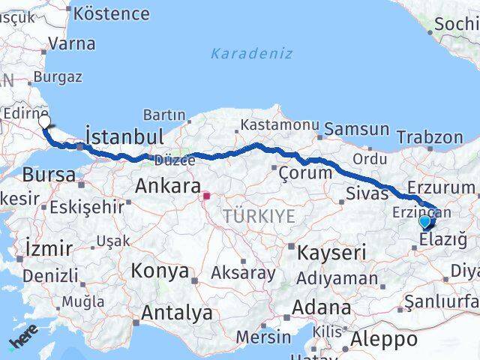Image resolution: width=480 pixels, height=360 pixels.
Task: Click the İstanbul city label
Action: click(124, 136)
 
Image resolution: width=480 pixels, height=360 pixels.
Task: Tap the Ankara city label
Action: click(167, 186)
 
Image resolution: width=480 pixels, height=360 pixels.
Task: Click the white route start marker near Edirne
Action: click(44, 121)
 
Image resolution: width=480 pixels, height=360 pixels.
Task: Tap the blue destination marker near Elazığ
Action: click(425, 222)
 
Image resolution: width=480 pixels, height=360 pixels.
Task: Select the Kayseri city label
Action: click(331, 253)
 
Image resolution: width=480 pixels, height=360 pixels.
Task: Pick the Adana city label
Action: click(322, 307)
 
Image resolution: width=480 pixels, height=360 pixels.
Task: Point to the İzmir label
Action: click(49, 248)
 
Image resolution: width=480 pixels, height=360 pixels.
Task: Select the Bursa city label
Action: click(49, 175)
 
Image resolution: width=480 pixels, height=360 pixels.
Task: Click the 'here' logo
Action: click(22, 343)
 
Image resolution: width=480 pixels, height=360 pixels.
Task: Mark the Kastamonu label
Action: click(270, 124)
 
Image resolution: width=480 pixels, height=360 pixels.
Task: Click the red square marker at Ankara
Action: click(206, 197)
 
